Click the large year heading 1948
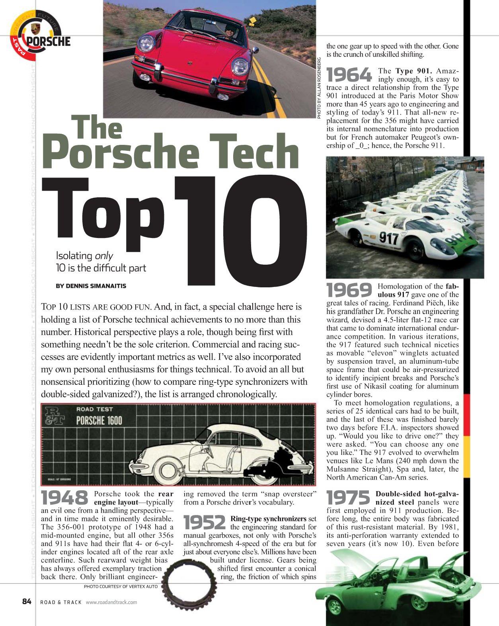pos(65,498)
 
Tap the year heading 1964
pos(349,75)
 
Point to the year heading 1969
pos(349,290)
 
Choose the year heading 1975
pos(349,498)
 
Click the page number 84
pos(27,601)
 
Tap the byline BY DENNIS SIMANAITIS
pos(91,286)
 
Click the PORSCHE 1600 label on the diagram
pos(99,421)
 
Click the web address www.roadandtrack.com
pos(111,602)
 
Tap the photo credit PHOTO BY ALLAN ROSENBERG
pos(319,88)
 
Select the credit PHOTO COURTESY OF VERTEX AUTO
pos(121,587)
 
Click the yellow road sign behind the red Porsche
pos(252,20)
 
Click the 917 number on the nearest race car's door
pos(388,238)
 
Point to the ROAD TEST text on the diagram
pos(94,409)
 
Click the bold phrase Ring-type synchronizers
pos(268,519)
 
